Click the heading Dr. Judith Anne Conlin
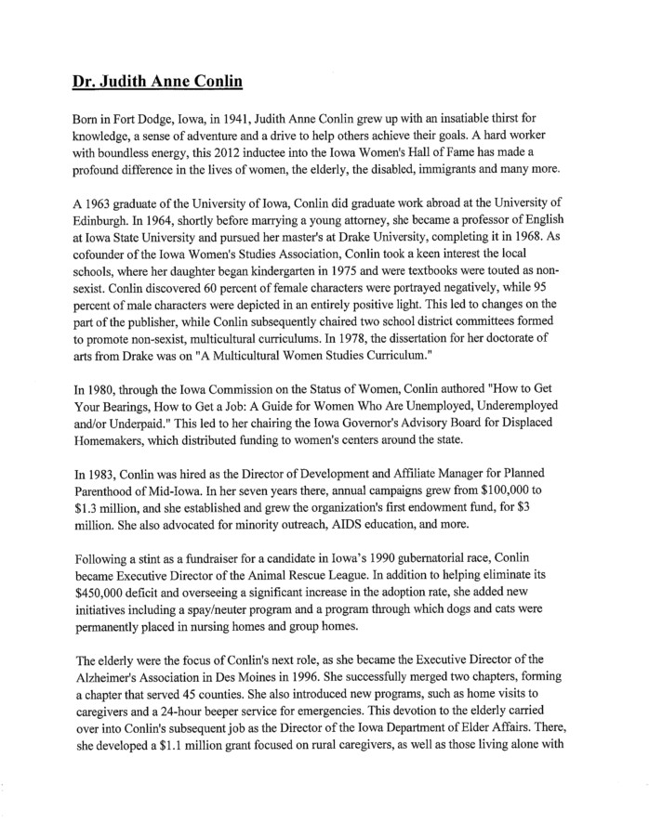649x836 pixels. [157, 81]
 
